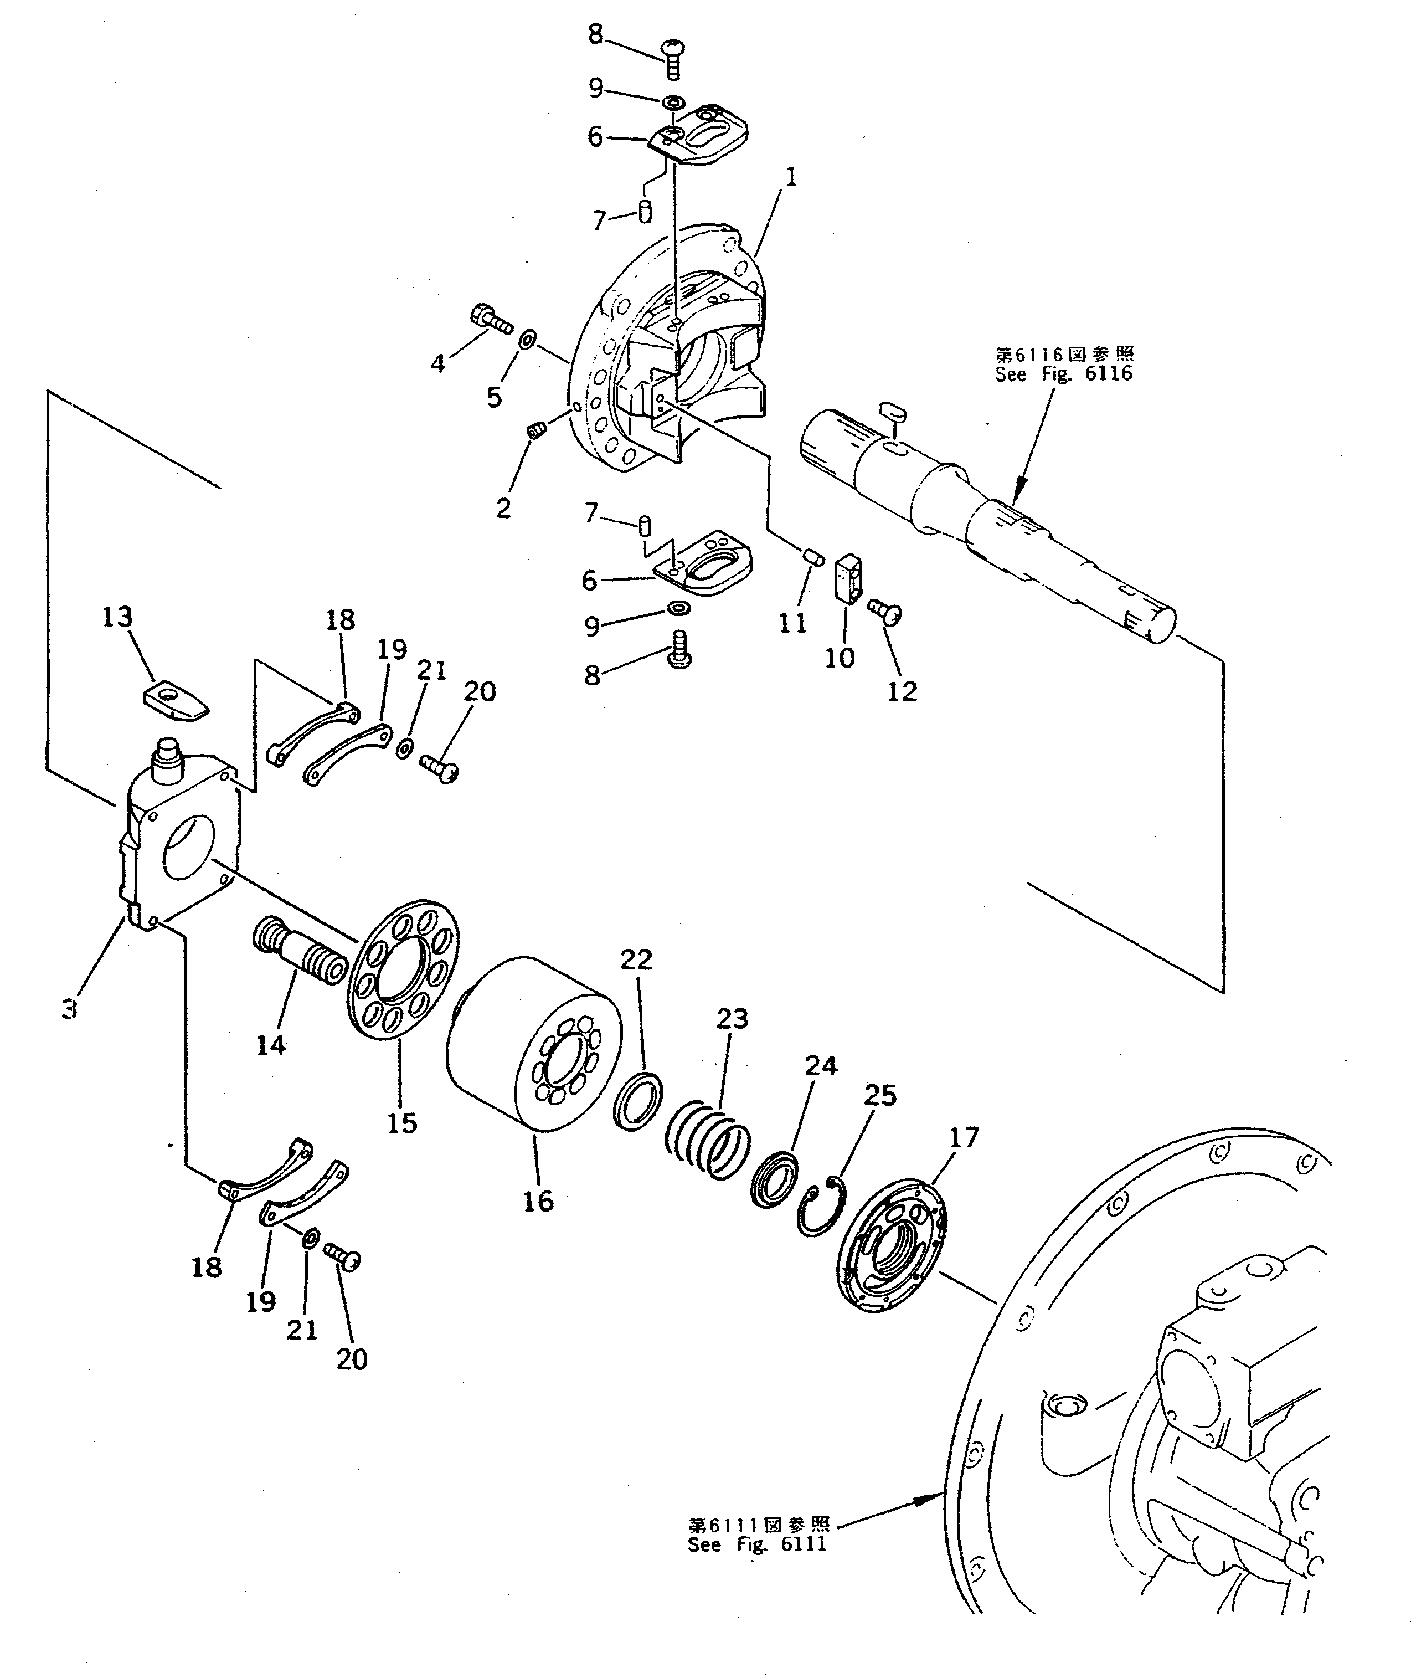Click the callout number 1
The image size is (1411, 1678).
coord(790,177)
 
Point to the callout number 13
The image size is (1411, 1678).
coord(117,617)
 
